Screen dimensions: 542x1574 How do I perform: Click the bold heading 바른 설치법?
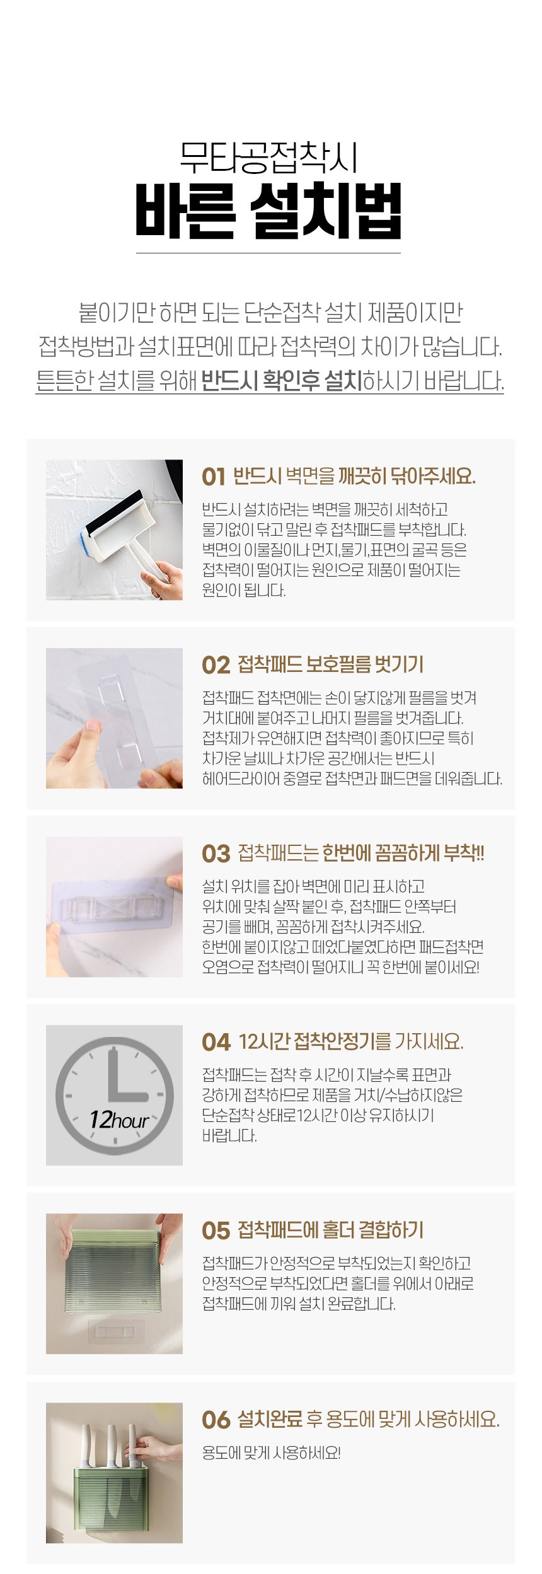click(x=268, y=211)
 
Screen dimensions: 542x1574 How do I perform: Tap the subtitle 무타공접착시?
click(x=268, y=158)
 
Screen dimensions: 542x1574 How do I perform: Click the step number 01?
click(x=214, y=477)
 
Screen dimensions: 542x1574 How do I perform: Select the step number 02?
click(x=216, y=665)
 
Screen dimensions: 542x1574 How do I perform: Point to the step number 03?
click(x=216, y=854)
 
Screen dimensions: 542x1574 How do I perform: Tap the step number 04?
click(x=216, y=1042)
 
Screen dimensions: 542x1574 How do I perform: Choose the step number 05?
click(x=216, y=1230)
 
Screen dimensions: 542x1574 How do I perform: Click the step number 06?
click(x=216, y=1420)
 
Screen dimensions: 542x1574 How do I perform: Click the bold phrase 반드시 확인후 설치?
click(x=282, y=380)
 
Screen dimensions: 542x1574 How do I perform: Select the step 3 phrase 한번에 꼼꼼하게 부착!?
click(x=403, y=854)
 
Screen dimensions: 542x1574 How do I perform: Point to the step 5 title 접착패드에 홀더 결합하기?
click(x=331, y=1230)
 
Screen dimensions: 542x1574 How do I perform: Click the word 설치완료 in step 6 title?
click(x=270, y=1420)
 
